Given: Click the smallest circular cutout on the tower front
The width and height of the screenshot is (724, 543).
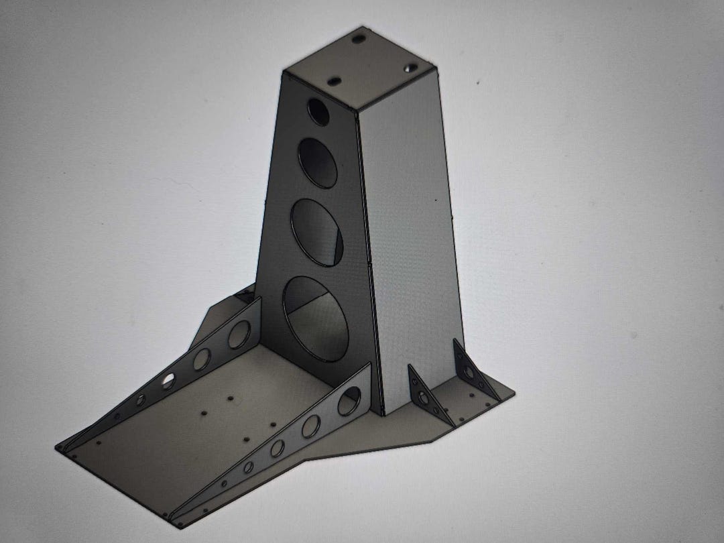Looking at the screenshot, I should [x=318, y=112].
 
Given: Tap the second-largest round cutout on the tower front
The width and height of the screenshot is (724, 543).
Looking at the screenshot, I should [x=318, y=231].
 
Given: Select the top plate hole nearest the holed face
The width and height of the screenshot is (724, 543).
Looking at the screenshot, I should [x=333, y=81].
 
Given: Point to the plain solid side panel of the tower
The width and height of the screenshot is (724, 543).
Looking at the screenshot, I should [x=409, y=221].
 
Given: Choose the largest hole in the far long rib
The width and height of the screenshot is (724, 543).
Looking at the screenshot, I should [x=239, y=335].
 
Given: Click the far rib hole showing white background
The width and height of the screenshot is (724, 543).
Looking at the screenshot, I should [x=168, y=381].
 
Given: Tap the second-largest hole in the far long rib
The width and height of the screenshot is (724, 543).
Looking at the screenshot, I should [x=201, y=359].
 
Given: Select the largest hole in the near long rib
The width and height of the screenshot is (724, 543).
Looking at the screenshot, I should [x=348, y=402].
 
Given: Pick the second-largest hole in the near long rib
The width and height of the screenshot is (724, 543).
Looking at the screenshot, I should [x=310, y=426].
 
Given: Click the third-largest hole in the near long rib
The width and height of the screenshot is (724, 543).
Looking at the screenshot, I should [x=277, y=448].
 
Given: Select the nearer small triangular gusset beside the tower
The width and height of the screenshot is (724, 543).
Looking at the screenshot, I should [x=422, y=396].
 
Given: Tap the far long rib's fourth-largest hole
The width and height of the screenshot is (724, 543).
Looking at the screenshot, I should [x=141, y=400].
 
